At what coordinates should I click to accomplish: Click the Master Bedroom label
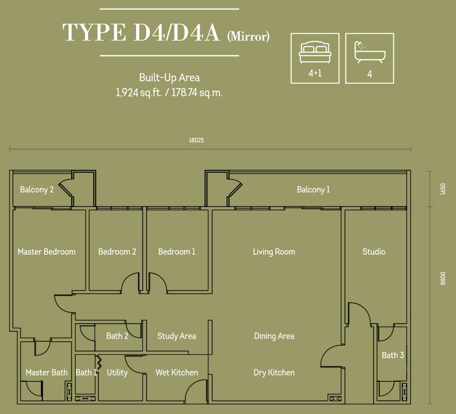[47, 251]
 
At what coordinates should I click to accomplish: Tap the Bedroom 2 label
[117, 251]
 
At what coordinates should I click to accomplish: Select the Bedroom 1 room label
[177, 251]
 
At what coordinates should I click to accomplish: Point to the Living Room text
[274, 252]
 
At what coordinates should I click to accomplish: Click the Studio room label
[374, 251]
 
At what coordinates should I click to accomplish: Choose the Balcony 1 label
[313, 189]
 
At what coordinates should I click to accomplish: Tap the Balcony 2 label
[37, 189]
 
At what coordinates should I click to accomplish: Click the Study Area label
[177, 336]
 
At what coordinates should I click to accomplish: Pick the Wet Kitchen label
[177, 372]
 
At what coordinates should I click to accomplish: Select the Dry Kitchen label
[274, 373]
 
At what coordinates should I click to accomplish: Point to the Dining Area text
[274, 337]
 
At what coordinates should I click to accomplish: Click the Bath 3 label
[393, 355]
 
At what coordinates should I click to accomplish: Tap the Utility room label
[117, 373]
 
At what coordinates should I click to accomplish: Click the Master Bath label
[47, 372]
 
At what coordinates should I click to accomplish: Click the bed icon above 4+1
[315, 52]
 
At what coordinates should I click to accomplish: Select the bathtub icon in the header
[369, 52]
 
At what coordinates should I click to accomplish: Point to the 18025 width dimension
[196, 140]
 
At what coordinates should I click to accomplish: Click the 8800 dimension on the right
[443, 278]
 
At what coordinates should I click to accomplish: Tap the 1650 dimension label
[443, 189]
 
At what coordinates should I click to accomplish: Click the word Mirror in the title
[248, 37]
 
